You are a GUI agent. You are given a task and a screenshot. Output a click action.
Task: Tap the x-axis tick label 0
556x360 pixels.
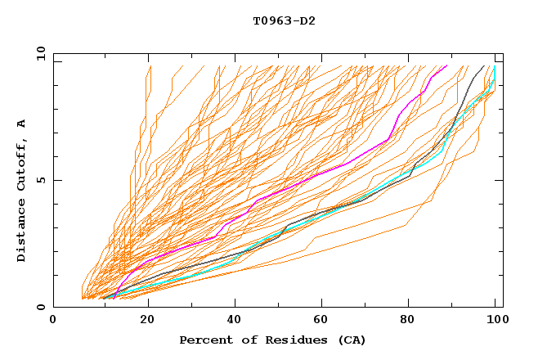(53, 320)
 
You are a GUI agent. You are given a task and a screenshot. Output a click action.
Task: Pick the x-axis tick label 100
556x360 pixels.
(496, 320)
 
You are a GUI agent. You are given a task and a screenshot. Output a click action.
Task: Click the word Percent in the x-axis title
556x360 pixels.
(204, 340)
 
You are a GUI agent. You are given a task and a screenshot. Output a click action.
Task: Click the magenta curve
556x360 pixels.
(327, 171)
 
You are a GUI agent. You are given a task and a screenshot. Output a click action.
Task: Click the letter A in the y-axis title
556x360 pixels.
(21, 124)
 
